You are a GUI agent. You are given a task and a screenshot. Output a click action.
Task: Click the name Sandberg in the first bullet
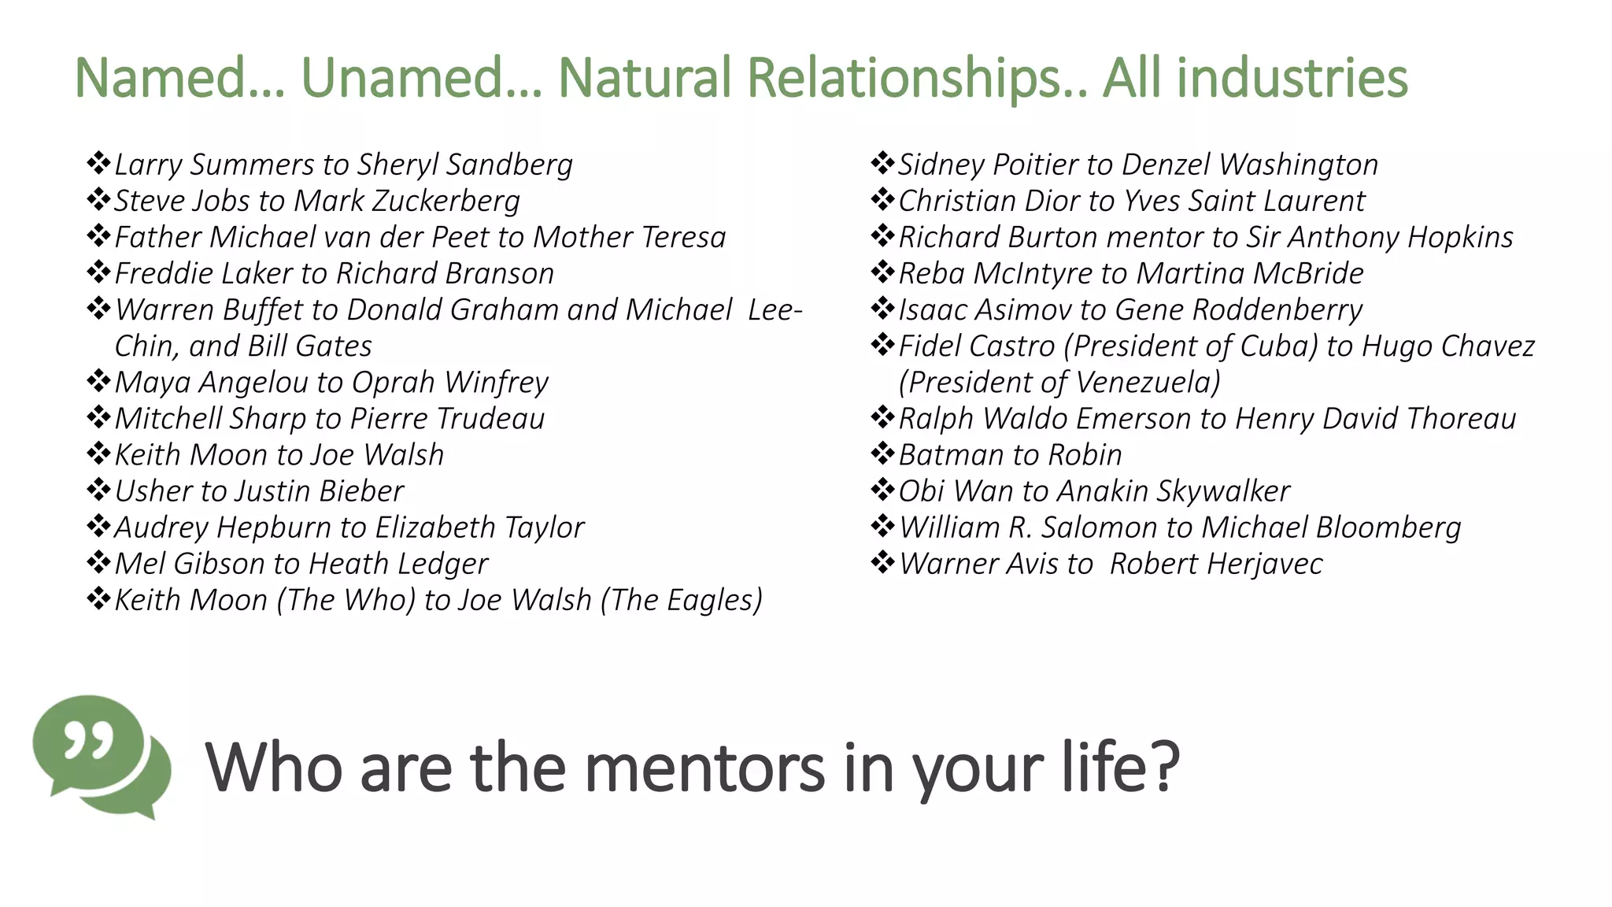click(x=509, y=165)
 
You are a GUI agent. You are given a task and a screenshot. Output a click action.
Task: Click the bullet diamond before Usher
click(x=98, y=490)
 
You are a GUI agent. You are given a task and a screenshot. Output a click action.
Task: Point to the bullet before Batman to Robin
click(x=882, y=453)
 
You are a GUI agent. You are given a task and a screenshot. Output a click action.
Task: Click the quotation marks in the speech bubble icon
click(x=88, y=742)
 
